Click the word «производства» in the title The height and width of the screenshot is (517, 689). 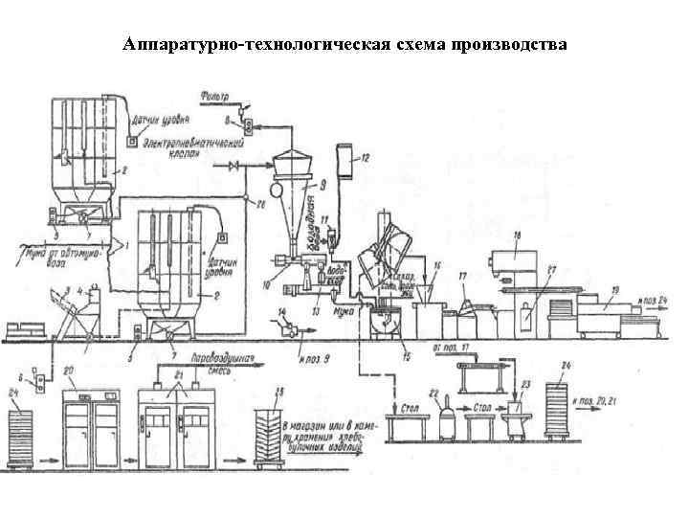point(503,45)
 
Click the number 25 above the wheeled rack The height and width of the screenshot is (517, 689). point(278,393)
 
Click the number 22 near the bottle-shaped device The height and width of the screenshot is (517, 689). point(433,394)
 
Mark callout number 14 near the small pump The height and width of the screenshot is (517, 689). point(281,313)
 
